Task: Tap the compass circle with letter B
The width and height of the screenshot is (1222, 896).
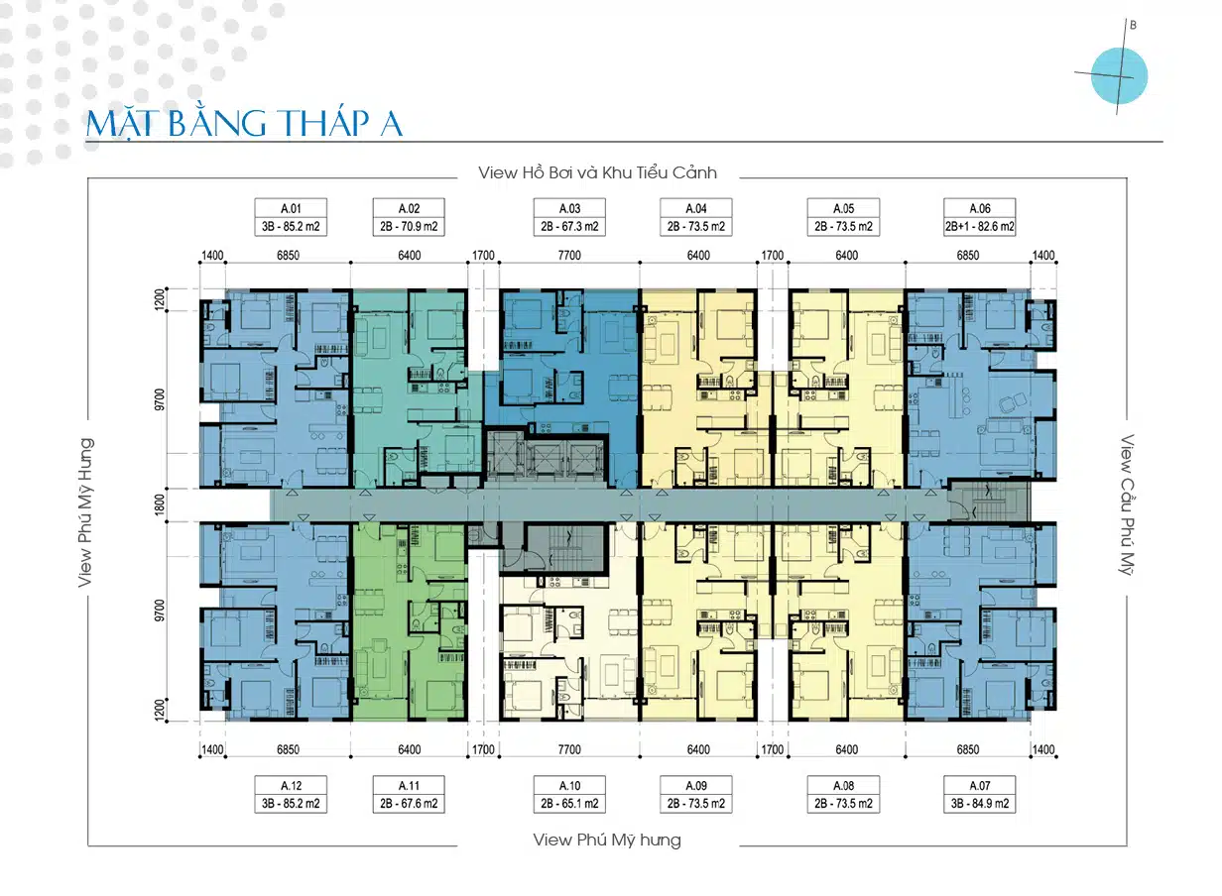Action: [x=1119, y=75]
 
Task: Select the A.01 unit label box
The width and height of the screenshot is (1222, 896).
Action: [x=290, y=217]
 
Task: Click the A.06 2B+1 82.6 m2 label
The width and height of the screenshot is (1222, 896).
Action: [x=980, y=217]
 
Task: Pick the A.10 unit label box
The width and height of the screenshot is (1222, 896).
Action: [x=569, y=794]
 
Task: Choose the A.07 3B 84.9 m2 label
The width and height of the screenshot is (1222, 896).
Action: [x=980, y=794]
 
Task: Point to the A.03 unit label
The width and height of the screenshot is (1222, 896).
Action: [x=569, y=217]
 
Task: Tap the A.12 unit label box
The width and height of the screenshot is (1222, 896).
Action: [x=290, y=794]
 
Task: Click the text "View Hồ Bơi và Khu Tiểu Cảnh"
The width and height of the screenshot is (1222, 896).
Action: [x=597, y=172]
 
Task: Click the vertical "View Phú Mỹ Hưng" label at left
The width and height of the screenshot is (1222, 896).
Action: [x=86, y=512]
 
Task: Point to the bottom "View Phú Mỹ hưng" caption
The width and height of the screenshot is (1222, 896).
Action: [x=607, y=840]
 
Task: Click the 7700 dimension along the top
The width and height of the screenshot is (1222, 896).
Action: [x=569, y=256]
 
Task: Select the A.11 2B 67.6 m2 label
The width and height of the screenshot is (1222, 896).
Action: [x=409, y=794]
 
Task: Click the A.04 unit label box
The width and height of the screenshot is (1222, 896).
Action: [x=696, y=217]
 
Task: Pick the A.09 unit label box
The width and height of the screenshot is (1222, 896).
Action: [x=696, y=794]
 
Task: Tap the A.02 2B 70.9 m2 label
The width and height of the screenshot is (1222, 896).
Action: [x=409, y=217]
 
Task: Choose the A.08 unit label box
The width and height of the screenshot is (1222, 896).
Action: [x=843, y=794]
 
